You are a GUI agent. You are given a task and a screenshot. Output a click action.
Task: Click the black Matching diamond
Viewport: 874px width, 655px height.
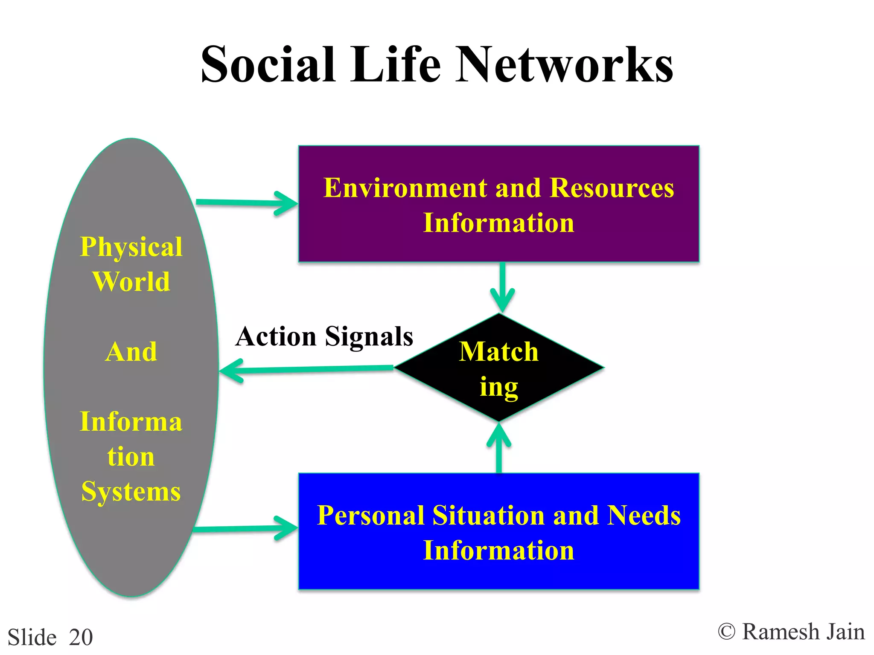pos(498,368)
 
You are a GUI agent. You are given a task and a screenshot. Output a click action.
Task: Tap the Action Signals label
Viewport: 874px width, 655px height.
pos(324,336)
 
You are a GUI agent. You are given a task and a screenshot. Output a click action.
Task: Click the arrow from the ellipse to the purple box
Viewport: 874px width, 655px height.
pos(248,203)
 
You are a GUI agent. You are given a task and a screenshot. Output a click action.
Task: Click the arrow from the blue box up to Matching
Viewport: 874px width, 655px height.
pos(499,448)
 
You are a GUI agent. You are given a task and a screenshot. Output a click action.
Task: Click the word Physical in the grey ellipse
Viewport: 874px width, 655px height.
pos(131,247)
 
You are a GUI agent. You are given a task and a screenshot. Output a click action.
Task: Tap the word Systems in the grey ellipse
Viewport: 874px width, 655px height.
pos(131,492)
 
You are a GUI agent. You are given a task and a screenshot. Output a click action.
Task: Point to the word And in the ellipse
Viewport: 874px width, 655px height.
pos(131,352)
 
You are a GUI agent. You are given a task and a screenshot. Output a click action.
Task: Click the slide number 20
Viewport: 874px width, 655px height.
pos(81,638)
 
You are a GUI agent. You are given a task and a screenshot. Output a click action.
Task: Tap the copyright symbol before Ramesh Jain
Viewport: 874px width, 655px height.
pos(726,632)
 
